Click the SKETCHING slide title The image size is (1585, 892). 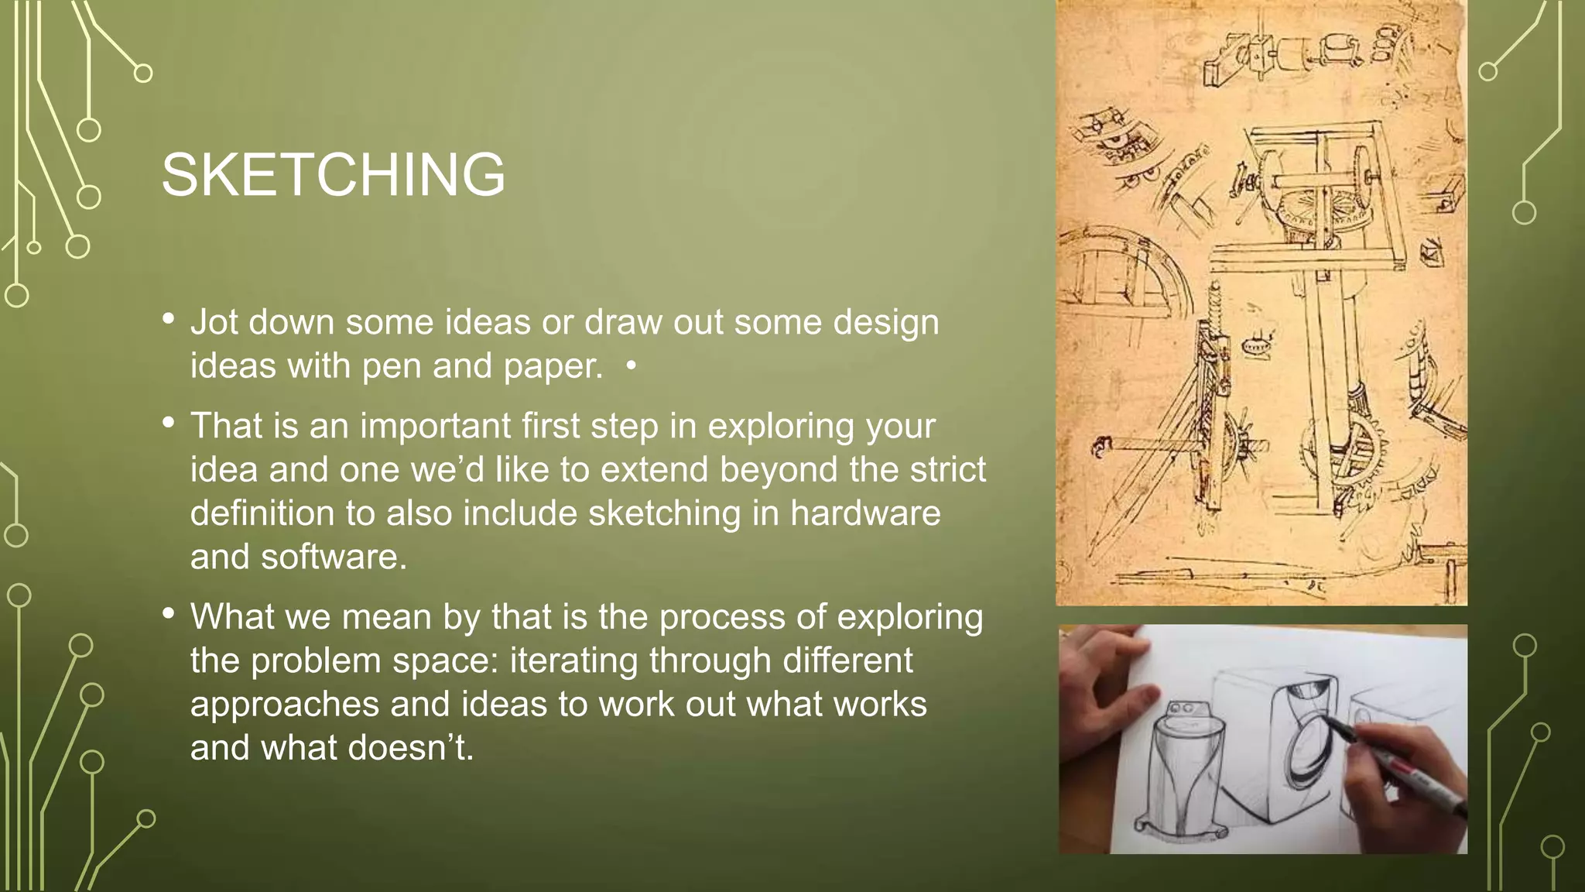tap(333, 175)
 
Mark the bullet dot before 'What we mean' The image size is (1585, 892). tap(169, 614)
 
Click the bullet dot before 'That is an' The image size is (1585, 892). tap(169, 423)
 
